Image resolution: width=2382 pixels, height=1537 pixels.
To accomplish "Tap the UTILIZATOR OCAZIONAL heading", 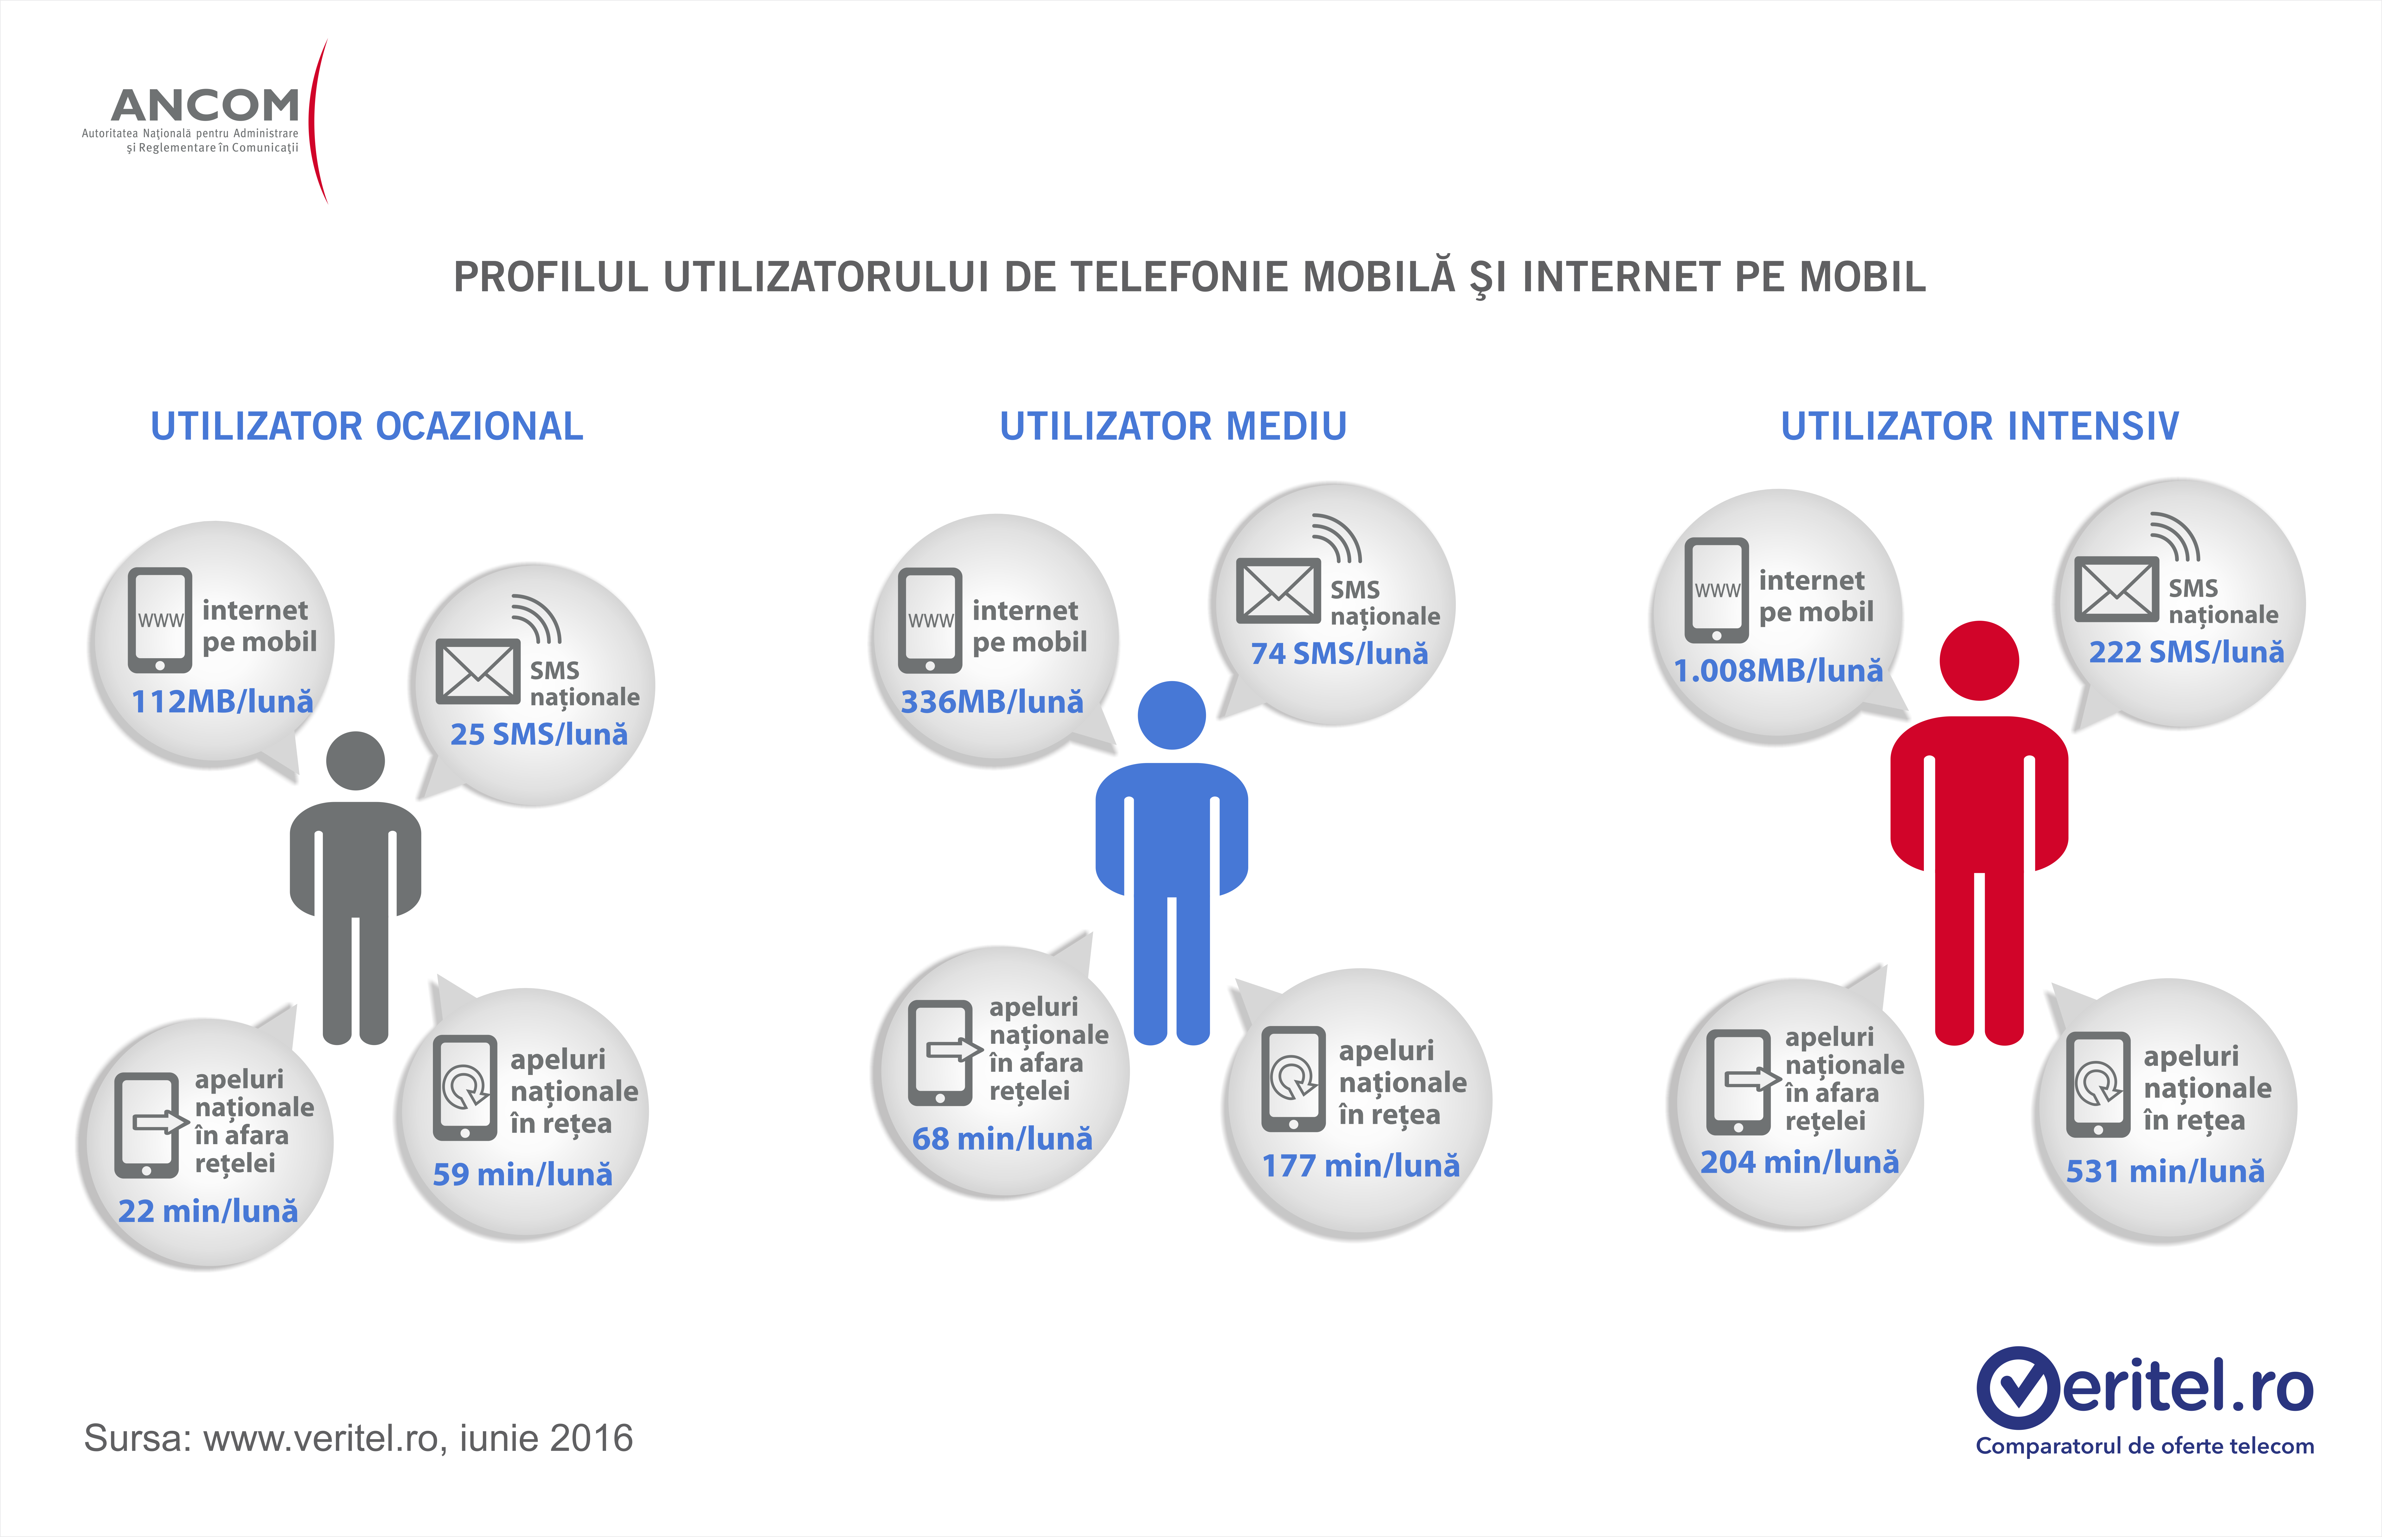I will [366, 426].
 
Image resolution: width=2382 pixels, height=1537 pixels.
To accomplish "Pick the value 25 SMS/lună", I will [539, 735].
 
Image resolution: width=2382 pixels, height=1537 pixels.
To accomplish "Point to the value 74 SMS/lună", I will [1339, 654].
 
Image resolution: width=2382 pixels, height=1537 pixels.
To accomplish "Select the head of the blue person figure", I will [1171, 715].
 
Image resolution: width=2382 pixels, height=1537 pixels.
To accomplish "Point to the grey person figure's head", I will [355, 760].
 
